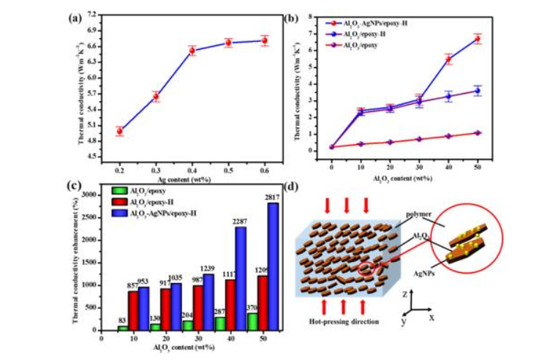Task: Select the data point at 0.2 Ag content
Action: tap(119, 131)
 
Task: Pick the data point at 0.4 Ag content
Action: tap(192, 50)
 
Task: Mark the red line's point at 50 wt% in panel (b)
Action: tap(478, 39)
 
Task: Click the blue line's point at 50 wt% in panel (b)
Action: tap(478, 91)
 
